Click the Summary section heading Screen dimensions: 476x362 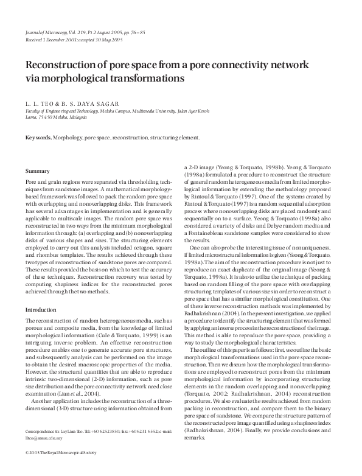[38, 171]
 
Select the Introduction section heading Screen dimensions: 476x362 [41, 310]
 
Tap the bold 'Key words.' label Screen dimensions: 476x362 [38, 138]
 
